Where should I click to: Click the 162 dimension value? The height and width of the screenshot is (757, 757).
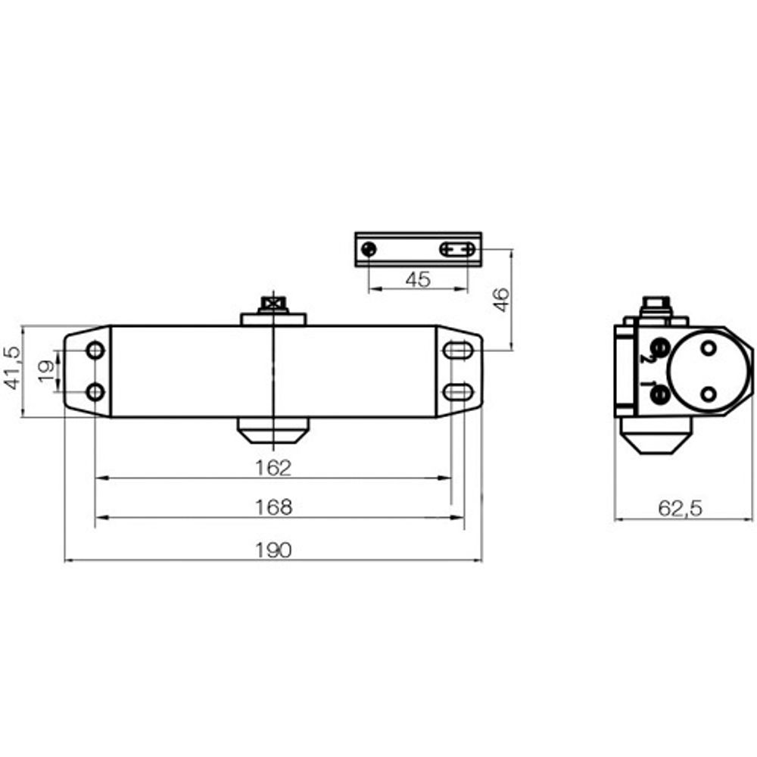coord(273,468)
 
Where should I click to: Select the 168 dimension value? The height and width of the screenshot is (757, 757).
coord(273,507)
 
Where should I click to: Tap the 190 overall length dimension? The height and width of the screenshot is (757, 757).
coord(273,550)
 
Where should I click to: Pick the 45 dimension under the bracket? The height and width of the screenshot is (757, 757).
coord(417,279)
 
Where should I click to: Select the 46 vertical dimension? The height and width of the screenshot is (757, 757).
coord(500,298)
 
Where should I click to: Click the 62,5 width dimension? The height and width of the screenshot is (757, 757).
coord(680,509)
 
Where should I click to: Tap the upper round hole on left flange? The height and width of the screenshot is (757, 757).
coord(95,350)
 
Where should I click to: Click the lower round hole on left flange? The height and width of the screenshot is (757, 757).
coord(95,392)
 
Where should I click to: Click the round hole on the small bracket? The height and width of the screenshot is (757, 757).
coord(369,249)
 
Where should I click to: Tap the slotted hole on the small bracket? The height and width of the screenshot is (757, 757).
coord(458,249)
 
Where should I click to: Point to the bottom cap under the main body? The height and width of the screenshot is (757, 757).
coord(273,432)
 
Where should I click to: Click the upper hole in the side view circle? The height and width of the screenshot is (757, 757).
coord(708,348)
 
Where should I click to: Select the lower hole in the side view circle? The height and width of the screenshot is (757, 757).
coord(708,394)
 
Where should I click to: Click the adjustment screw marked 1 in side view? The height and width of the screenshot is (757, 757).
coord(659,393)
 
